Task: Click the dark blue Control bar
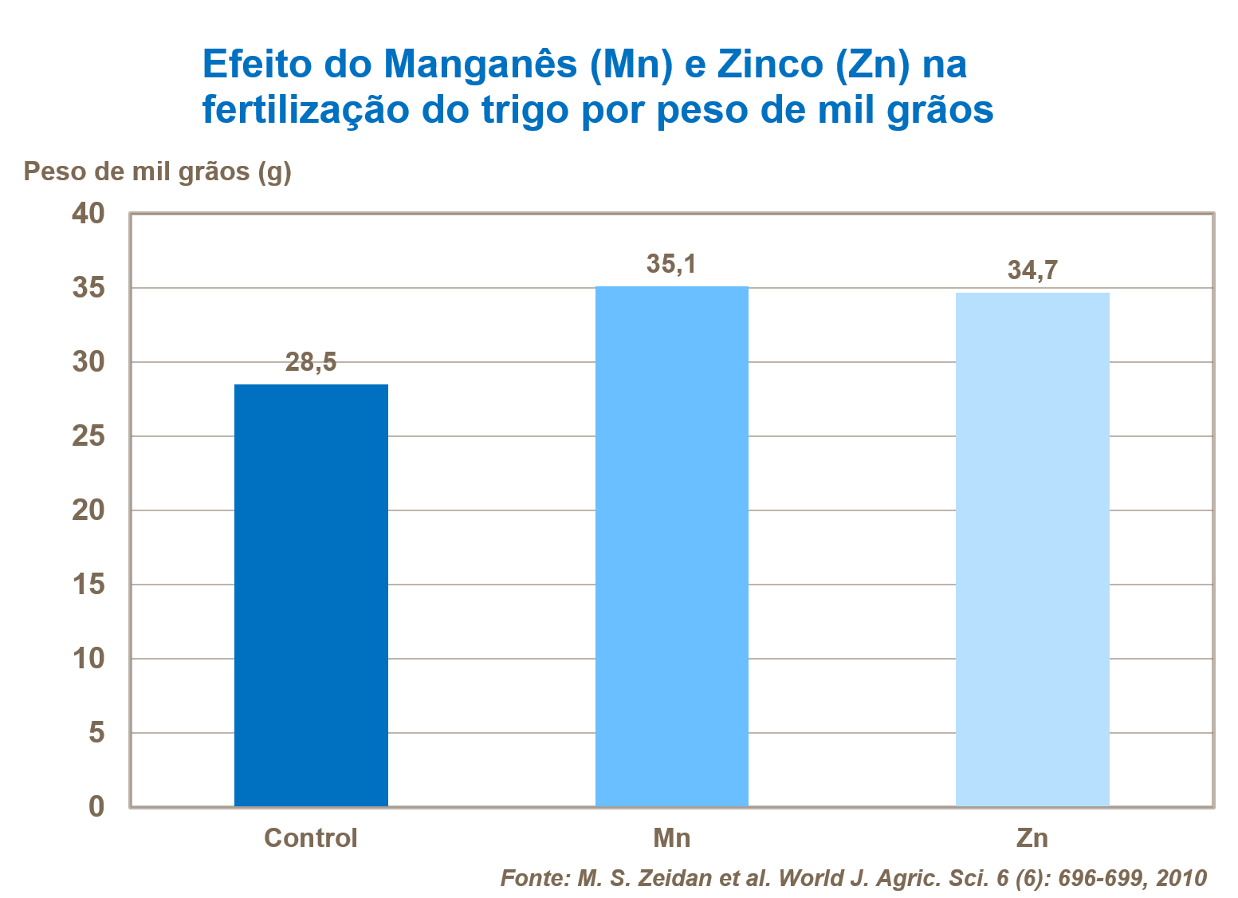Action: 311,595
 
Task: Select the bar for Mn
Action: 671,546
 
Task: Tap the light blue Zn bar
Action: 1032,549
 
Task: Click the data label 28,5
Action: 311,363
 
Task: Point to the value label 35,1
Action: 671,264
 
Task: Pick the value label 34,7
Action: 1032,270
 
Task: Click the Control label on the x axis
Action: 311,838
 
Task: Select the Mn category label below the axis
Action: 671,838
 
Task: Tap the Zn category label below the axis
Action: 1032,838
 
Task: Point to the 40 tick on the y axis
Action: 88,214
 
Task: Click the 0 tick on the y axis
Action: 96,806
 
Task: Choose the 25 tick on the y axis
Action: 88,436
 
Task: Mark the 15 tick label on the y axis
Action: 88,585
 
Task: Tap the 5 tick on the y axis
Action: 96,732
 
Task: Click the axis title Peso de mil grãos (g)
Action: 158,171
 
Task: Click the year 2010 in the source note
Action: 1181,878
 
